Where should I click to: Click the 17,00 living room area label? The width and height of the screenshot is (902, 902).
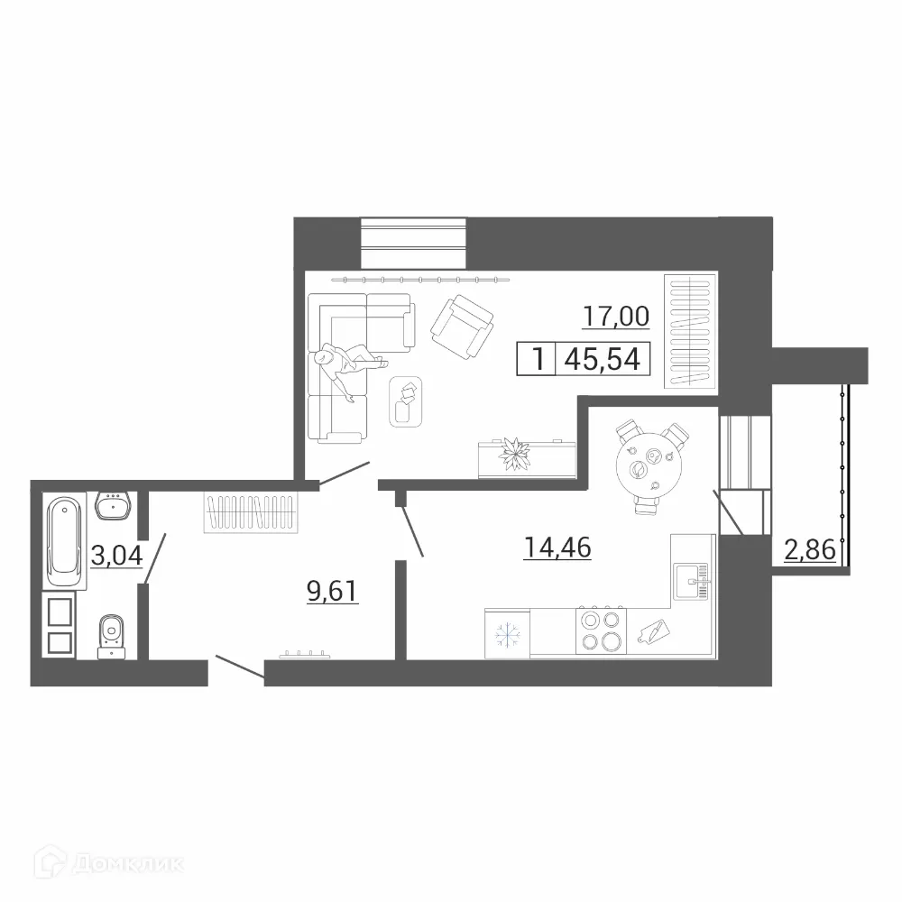coord(616,317)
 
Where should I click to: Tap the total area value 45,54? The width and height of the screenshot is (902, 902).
coord(602,360)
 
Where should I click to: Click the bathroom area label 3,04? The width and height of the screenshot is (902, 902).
coord(116,555)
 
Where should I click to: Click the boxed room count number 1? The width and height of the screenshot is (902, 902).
coord(538,360)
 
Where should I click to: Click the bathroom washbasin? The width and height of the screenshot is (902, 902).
coord(115,507)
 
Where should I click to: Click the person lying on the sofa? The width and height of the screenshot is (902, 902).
coord(347,368)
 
